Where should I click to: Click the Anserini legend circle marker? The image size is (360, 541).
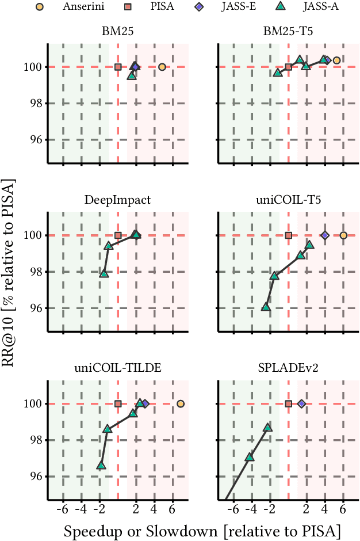click(39, 7)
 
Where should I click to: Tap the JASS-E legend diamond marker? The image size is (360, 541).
click(197, 7)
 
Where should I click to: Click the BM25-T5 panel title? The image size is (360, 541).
click(288, 32)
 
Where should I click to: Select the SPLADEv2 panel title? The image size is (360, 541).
click(288, 369)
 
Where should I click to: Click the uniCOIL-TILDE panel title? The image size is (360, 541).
click(118, 369)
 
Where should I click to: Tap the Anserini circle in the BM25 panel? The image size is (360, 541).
click(162, 67)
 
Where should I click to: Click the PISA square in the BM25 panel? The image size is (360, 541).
click(118, 67)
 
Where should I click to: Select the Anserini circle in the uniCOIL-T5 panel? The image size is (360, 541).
click(343, 235)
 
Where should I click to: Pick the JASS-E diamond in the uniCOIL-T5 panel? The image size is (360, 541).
click(325, 235)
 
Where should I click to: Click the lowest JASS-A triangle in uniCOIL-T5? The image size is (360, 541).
click(266, 307)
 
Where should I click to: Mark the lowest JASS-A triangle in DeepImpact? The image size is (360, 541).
click(104, 273)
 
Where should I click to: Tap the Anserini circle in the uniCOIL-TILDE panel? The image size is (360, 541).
click(181, 403)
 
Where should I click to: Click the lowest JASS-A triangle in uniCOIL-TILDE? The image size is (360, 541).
click(101, 465)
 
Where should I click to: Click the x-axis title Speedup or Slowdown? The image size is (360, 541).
click(202, 530)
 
